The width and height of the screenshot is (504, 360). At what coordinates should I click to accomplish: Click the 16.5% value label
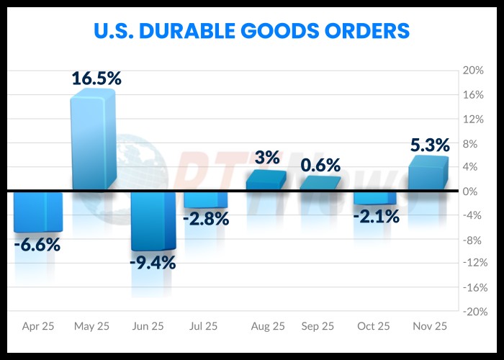pos(96,78)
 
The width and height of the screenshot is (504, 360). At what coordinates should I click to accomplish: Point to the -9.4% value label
pos(153,262)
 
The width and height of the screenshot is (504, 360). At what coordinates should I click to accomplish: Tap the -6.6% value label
pos(37,245)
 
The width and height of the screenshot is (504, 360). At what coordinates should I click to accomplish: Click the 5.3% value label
pos(430,145)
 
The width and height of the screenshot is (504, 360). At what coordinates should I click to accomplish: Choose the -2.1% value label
pos(376,216)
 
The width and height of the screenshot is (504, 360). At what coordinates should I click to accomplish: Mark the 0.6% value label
pos(320,165)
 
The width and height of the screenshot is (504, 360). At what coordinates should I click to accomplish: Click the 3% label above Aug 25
pos(267,157)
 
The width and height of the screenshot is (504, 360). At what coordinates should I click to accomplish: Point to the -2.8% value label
pos(206,219)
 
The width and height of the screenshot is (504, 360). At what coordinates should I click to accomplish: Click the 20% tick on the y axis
pos(472,71)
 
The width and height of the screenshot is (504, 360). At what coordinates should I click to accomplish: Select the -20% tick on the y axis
pos(471,312)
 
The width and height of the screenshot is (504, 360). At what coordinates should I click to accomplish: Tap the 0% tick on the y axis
pos(472,192)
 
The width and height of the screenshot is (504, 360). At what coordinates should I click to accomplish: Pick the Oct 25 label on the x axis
pos(374,326)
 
